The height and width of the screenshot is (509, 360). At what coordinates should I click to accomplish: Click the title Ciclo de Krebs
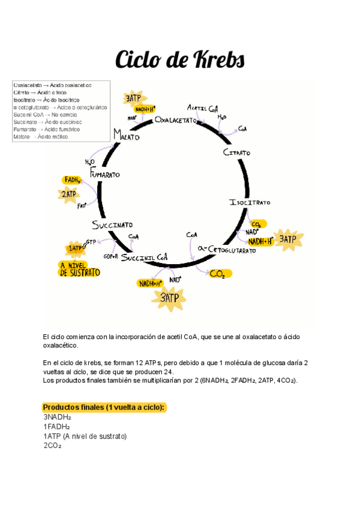(x=179, y=60)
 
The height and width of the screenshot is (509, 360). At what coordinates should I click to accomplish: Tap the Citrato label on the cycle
(x=236, y=153)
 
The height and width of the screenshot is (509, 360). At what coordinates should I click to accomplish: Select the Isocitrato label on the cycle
(x=250, y=203)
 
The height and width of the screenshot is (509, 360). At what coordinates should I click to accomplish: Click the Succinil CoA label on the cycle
(x=145, y=258)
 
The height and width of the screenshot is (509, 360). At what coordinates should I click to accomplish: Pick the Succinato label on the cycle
(x=112, y=225)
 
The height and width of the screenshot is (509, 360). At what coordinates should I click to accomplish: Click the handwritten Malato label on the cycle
(x=125, y=136)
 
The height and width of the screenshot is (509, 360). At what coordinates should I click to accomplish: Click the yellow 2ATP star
(x=68, y=194)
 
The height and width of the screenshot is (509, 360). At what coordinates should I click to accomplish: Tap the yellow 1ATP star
(x=76, y=248)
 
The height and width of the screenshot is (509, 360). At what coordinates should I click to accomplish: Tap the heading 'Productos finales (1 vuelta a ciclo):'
(x=104, y=408)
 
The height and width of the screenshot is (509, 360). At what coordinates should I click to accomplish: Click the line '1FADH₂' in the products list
(x=56, y=427)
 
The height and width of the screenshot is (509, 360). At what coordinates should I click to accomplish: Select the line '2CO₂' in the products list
(x=53, y=446)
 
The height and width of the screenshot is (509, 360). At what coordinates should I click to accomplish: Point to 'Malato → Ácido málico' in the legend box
(x=41, y=136)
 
